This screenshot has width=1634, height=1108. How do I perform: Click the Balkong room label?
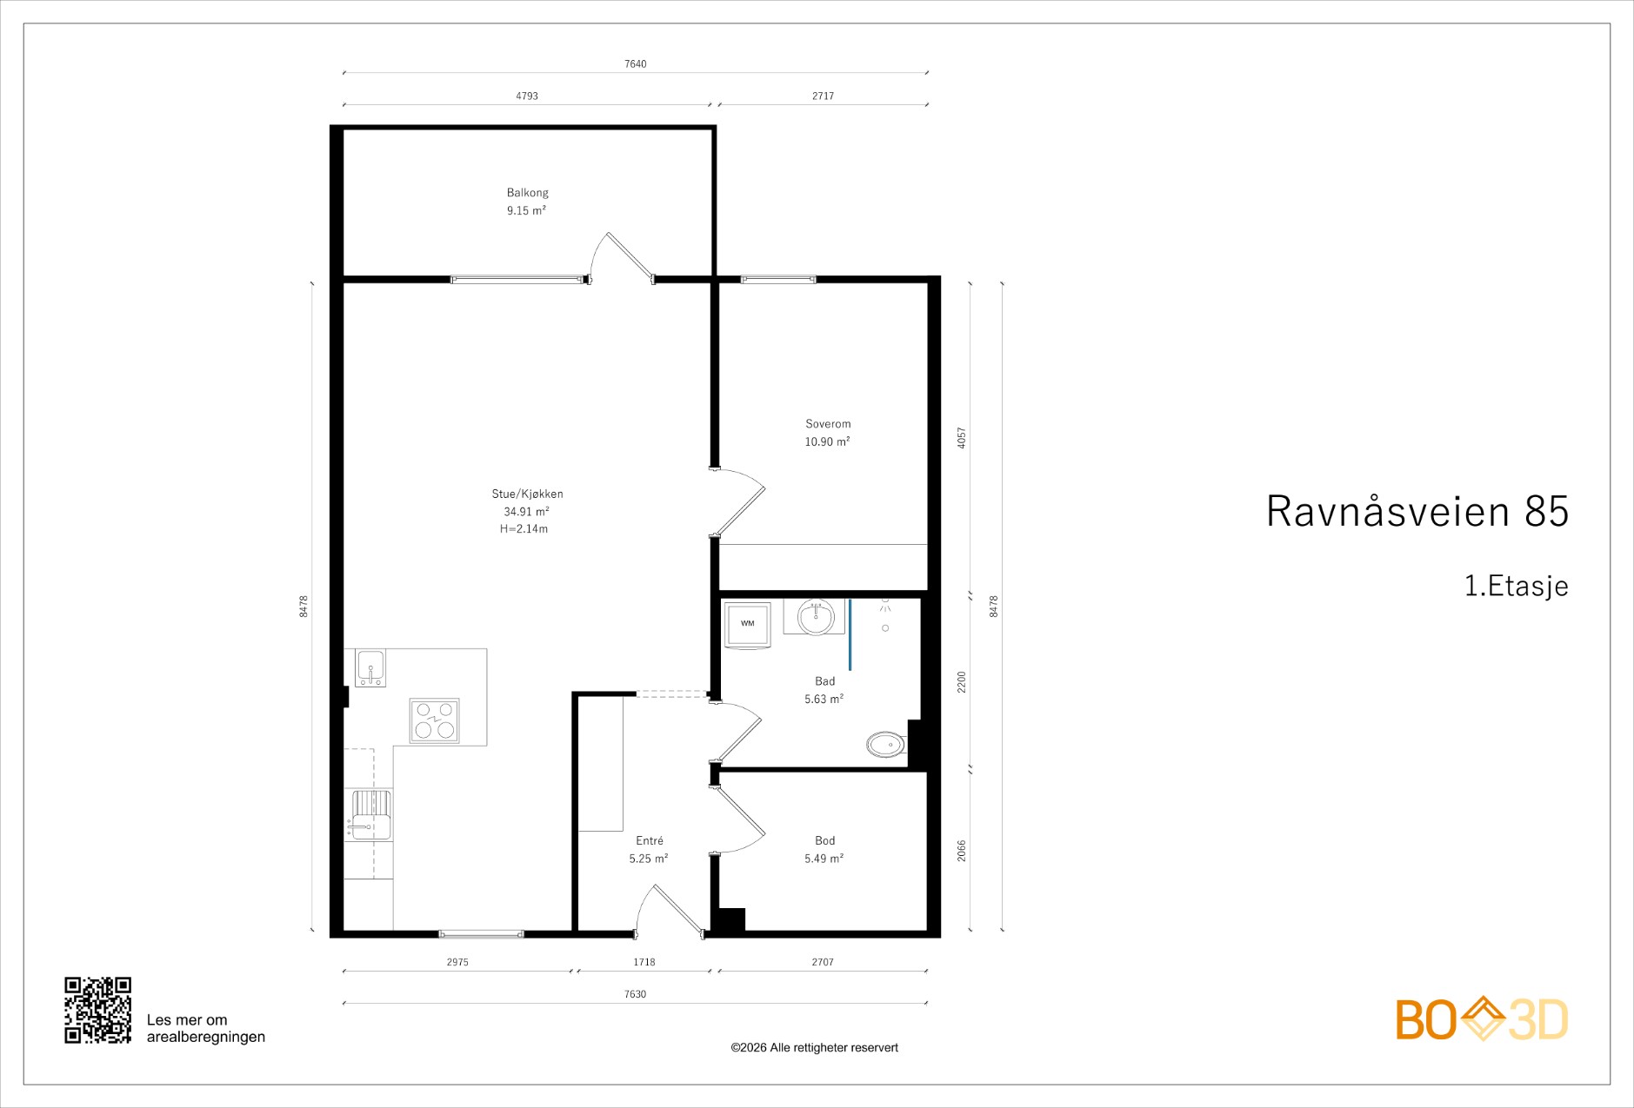pos(527,193)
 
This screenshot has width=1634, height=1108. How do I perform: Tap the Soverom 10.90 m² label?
pos(827,433)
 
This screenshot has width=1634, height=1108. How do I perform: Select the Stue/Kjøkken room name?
pos(527,494)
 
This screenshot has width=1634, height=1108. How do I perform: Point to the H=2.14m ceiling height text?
pos(524,528)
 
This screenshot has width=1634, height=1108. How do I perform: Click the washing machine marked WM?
pos(748,624)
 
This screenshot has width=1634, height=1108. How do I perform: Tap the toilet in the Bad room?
pos(886,745)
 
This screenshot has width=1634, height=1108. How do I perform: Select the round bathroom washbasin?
pos(816,617)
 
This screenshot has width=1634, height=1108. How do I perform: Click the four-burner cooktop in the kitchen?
pos(435,720)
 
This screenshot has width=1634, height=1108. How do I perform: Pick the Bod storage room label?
pos(824,840)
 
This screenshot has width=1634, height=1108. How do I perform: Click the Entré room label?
pos(650,840)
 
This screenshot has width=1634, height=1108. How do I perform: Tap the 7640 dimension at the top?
pos(636,64)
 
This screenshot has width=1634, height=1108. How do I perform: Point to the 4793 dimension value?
pos(527,96)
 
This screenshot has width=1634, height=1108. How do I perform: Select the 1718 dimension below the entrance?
pos(644,962)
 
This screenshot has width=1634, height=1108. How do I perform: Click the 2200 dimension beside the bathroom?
pos(962,682)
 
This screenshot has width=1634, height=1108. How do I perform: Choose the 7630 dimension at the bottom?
pos(636,994)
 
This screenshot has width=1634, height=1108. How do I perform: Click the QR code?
pos(98,1010)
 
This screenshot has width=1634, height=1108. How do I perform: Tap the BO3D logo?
pos(1482,1018)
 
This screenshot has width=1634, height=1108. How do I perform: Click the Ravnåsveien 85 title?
pos(1417,511)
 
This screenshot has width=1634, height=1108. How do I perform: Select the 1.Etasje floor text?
pos(1517,586)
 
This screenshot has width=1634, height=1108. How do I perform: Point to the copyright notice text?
pos(814,1048)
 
